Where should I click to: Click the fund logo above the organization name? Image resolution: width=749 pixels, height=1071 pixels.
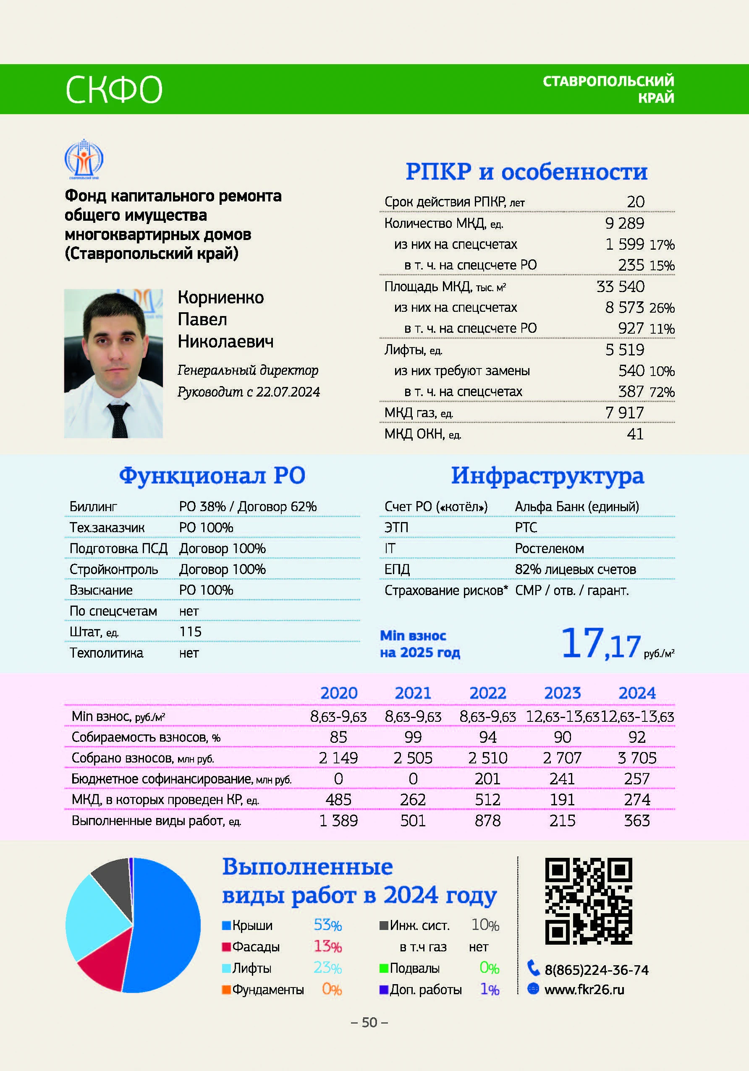84,159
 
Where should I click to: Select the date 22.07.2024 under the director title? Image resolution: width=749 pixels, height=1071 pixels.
288,392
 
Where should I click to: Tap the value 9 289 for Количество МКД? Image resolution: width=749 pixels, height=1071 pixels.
624,223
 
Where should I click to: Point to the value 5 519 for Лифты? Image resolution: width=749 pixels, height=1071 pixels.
624,350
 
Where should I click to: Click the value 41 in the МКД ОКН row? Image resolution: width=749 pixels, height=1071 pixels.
635,434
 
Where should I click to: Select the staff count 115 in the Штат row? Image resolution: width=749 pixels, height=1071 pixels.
191,632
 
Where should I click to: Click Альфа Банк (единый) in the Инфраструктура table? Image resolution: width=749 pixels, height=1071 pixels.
577,507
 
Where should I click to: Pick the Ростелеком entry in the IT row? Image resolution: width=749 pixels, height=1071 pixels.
549,549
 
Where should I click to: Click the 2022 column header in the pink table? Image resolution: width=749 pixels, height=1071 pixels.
488,693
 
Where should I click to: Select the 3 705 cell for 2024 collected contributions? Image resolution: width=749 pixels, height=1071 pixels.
636,758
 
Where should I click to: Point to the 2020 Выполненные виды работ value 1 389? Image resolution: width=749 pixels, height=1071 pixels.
338,820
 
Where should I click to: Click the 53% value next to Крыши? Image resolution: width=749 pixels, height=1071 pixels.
327,925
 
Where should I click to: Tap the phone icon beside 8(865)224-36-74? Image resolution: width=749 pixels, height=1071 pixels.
533,968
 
